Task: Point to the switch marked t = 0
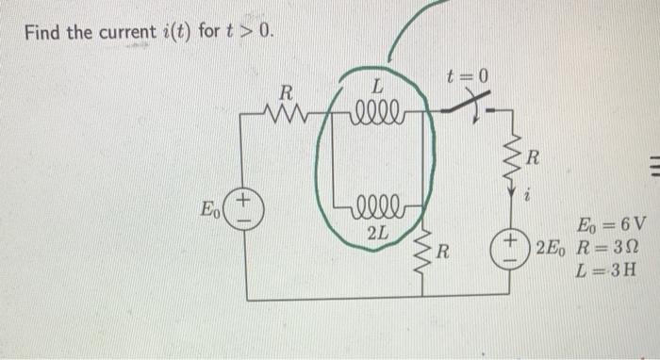point(468,107)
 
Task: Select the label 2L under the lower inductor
point(377,231)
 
